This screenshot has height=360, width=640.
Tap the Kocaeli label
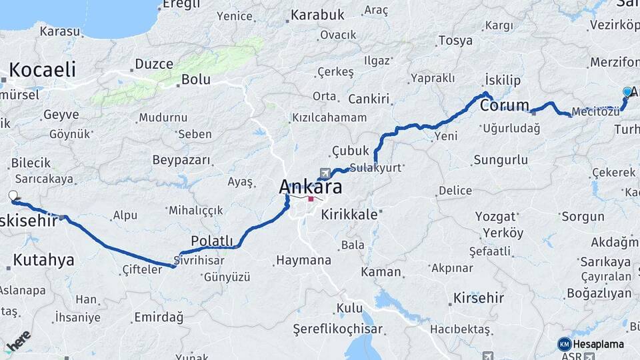(42, 69)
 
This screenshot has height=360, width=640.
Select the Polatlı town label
(212, 241)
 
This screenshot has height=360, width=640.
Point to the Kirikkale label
(349, 215)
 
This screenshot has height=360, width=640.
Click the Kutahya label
(43, 260)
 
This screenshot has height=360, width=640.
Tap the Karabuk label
(317, 14)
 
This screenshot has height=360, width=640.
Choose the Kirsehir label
(478, 297)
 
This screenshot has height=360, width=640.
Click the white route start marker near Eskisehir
(13, 195)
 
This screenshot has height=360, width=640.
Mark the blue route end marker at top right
(627, 92)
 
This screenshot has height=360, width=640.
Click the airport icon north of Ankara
(325, 172)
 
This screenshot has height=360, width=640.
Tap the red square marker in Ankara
(311, 198)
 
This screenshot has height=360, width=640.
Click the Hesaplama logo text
(599, 344)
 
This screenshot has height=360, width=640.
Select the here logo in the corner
(18, 341)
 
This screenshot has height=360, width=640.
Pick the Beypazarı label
(181, 161)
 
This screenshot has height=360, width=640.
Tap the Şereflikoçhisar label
(338, 329)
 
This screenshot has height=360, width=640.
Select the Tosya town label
(455, 41)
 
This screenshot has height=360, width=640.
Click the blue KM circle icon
(565, 344)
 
